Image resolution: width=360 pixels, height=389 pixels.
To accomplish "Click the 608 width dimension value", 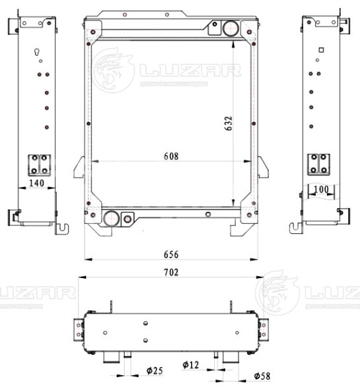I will (171, 157).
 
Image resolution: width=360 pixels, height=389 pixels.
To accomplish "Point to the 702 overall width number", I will (170, 272).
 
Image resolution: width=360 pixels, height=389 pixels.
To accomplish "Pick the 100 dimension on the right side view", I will (322, 190).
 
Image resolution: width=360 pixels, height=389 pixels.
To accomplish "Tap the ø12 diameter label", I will (191, 365).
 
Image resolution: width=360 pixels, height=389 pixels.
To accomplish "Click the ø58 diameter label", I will (263, 376).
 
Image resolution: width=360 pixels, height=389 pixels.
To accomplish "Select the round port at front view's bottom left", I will (112, 217).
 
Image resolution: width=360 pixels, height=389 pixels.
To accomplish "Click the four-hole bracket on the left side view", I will (39, 164).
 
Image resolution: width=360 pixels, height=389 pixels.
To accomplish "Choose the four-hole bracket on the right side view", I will (321, 164).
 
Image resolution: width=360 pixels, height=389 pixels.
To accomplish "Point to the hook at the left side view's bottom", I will (63, 227).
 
